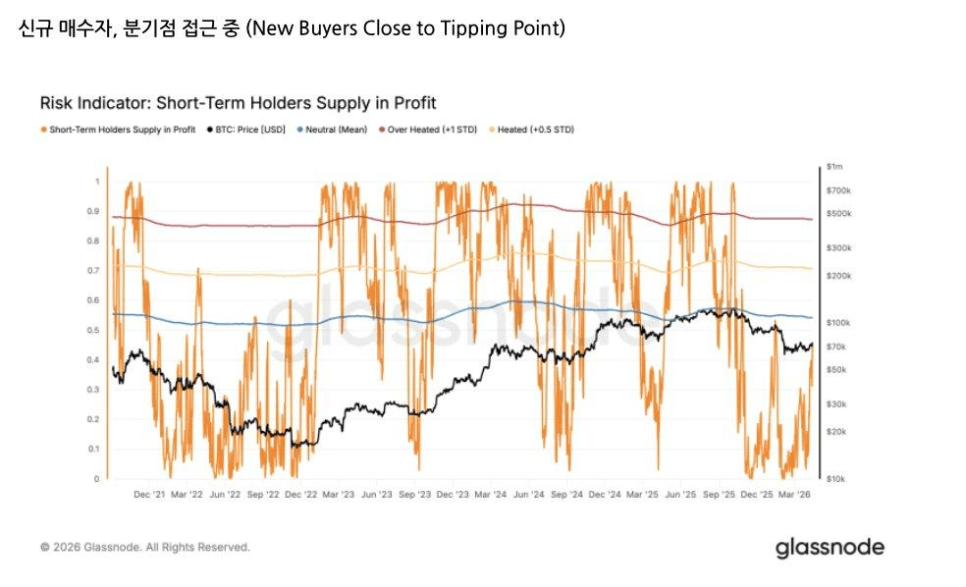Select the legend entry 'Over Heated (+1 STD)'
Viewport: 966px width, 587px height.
coord(426,130)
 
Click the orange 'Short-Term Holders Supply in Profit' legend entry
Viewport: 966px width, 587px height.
coord(118,130)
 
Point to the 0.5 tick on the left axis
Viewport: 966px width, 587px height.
coord(94,330)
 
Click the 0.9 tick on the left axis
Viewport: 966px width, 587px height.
coord(94,211)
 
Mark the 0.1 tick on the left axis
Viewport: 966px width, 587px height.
coord(94,449)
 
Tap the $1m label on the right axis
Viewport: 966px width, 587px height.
coord(835,167)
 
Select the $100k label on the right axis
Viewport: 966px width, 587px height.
coord(838,323)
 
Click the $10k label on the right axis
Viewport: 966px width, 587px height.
coord(836,478)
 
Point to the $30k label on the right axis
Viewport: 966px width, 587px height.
coord(836,404)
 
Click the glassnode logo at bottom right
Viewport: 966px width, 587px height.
coord(830,547)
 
